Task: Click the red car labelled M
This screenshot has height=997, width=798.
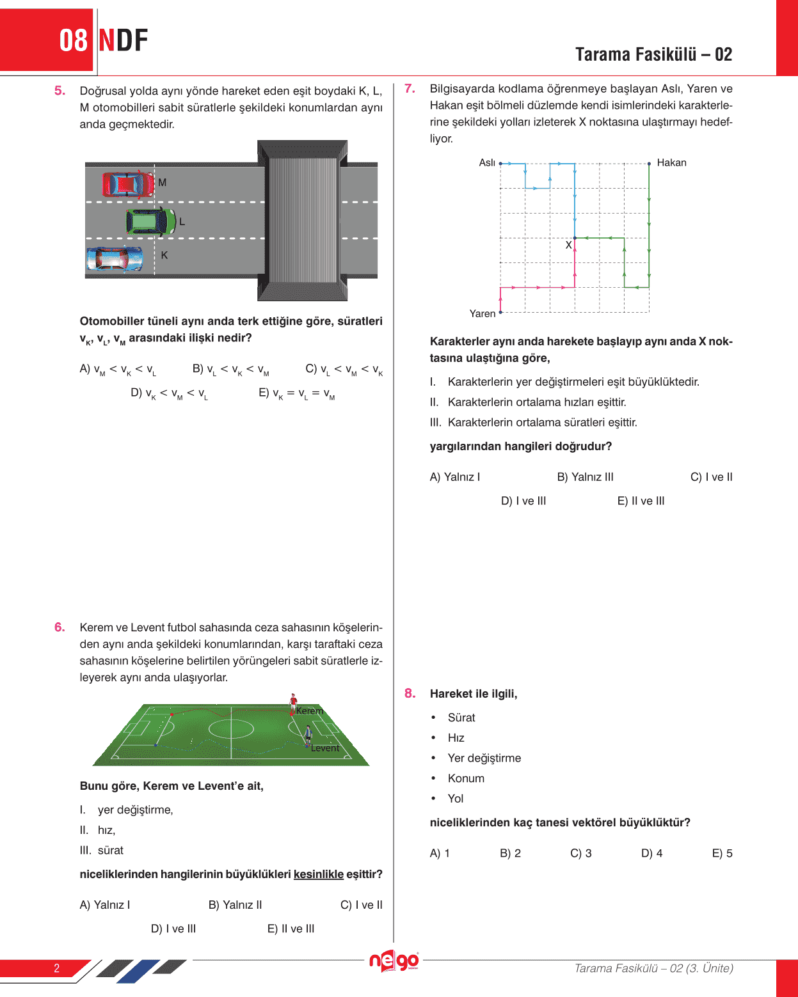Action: tap(128, 184)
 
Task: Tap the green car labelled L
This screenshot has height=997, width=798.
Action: tap(150, 222)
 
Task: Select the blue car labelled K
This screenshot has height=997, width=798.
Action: tap(115, 259)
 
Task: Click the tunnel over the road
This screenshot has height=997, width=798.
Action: tap(303, 221)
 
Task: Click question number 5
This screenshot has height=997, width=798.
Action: tap(60, 91)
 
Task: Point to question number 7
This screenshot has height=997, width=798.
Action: tap(410, 89)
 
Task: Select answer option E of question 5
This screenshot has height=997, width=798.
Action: tap(296, 393)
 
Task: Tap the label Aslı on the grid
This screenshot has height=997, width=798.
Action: tap(487, 163)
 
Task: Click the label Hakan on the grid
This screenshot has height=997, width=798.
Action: tap(671, 163)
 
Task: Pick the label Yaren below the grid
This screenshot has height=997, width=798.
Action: tap(483, 313)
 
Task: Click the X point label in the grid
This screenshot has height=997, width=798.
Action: tap(568, 245)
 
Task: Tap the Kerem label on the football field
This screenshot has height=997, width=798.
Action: tap(310, 711)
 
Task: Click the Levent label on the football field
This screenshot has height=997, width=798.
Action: tap(325, 748)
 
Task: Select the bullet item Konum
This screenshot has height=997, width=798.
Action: tap(466, 778)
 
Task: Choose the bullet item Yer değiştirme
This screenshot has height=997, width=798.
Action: tap(484, 758)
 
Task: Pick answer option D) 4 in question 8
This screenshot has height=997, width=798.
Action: tap(651, 853)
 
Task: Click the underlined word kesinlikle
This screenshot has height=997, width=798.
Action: tap(319, 874)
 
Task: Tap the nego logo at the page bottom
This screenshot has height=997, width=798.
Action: tap(394, 961)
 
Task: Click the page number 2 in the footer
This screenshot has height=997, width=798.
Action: tap(56, 968)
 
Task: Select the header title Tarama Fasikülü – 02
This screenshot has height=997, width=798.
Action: tap(653, 54)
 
